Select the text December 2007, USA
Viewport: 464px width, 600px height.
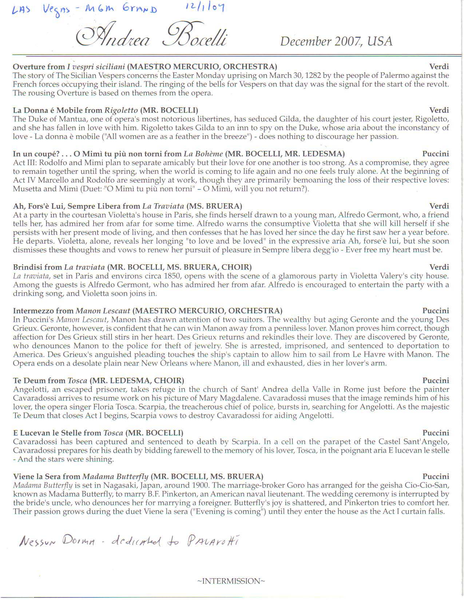pos(336,41)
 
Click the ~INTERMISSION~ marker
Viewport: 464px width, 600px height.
pos(231,581)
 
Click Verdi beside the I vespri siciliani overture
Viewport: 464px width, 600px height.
pos(439,67)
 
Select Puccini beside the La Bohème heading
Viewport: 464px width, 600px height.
pos(435,154)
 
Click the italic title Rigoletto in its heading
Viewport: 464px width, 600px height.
pos(121,110)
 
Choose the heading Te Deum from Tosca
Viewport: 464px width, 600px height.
pos(50,381)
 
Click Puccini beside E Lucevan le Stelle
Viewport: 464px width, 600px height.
pos(435,433)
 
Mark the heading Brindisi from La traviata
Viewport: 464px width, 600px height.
pos(59,267)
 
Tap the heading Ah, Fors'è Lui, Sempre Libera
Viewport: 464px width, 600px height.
pos(67,206)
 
